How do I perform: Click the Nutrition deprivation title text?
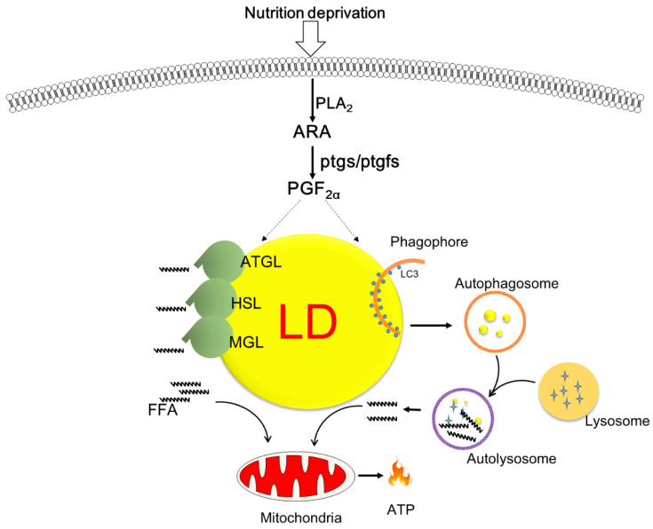(x=315, y=13)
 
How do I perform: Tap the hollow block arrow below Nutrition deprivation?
(x=310, y=39)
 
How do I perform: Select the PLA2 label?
(x=334, y=104)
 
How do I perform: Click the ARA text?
(x=312, y=132)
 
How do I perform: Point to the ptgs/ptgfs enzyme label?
(x=360, y=162)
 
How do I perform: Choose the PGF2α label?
(x=314, y=189)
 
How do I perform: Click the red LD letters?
(x=307, y=321)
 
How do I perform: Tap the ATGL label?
(x=261, y=262)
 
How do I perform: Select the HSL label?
(x=247, y=304)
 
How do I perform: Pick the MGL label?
(x=247, y=343)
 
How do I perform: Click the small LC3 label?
(x=410, y=274)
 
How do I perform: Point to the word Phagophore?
(x=429, y=241)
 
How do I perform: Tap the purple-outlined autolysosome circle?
(x=463, y=390)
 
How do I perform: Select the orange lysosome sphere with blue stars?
(x=569, y=392)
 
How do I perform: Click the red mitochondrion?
(x=296, y=476)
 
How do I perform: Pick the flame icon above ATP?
(x=400, y=472)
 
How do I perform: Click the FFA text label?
(x=163, y=410)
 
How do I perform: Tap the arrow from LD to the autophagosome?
(x=431, y=325)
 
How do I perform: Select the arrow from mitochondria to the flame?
(x=370, y=475)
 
